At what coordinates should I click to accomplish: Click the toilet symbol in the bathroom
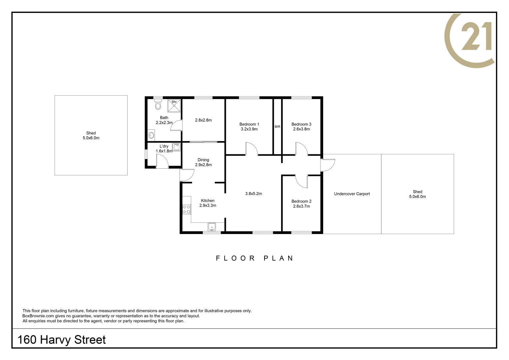(x=158, y=105)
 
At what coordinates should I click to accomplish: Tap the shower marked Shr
(x=174, y=106)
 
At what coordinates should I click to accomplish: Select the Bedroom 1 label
(x=249, y=124)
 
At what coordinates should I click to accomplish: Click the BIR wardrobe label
(x=277, y=127)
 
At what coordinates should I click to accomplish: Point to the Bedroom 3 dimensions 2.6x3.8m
(x=301, y=129)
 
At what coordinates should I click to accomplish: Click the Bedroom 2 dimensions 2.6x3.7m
(x=301, y=206)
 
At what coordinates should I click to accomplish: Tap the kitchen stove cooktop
(x=187, y=209)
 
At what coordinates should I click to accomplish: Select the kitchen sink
(x=212, y=227)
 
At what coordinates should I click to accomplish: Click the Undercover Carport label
(x=352, y=194)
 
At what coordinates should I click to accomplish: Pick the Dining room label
(x=203, y=160)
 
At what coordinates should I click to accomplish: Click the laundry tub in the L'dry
(x=176, y=147)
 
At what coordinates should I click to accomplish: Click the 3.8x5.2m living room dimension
(x=254, y=194)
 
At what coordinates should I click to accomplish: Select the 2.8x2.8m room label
(x=203, y=120)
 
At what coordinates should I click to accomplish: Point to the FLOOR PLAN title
(x=254, y=258)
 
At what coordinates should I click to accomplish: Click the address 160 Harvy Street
(x=62, y=340)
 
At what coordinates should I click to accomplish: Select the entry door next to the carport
(x=328, y=165)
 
